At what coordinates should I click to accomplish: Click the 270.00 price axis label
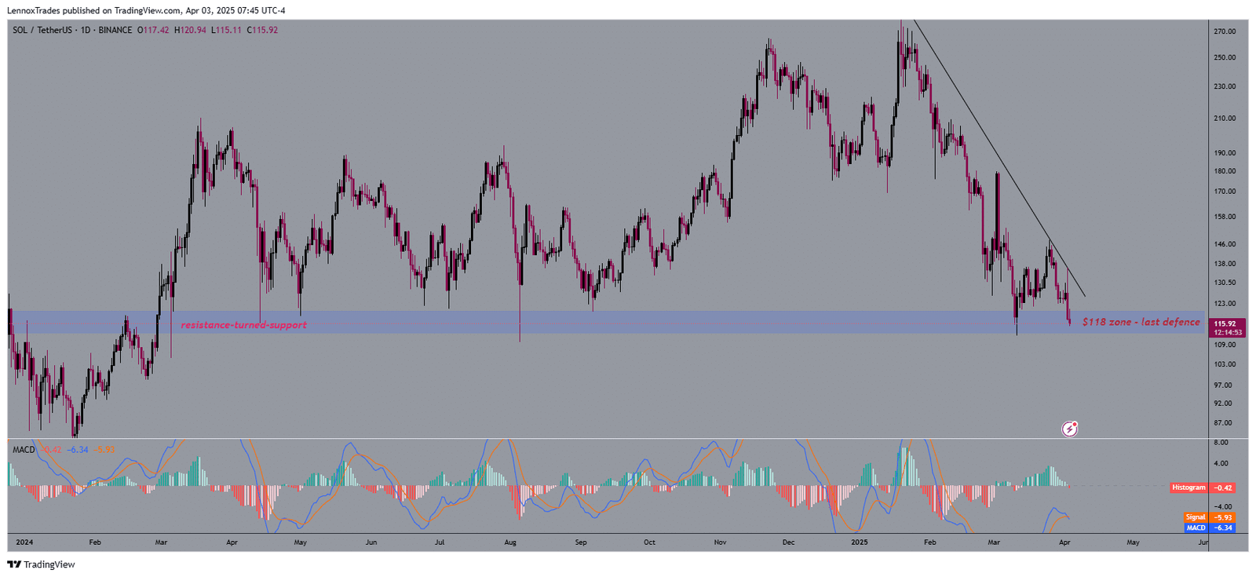point(1225,31)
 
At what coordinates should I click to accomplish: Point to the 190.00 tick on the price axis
point(1225,153)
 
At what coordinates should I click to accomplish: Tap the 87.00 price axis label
point(1223,423)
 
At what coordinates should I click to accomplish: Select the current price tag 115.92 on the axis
point(1225,323)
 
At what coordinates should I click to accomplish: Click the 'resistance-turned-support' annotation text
point(243,325)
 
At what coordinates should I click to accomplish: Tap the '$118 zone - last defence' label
point(1141,322)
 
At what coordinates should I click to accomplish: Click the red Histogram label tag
point(1188,488)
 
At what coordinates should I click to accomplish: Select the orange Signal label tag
point(1196,517)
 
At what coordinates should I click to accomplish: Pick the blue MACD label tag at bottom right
point(1196,528)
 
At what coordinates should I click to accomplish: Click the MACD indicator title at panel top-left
point(24,450)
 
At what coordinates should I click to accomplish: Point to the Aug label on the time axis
point(510,542)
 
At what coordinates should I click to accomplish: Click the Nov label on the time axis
point(720,542)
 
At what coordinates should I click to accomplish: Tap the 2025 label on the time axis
point(860,542)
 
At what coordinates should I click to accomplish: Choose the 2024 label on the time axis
point(24,542)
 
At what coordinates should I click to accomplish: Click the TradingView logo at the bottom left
point(41,564)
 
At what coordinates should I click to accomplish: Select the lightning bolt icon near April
point(1069,429)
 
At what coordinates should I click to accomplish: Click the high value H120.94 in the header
point(190,31)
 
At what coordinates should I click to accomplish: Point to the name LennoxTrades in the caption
point(34,11)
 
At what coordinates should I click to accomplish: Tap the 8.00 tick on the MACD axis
point(1221,443)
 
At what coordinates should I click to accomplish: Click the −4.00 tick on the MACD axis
point(1221,506)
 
